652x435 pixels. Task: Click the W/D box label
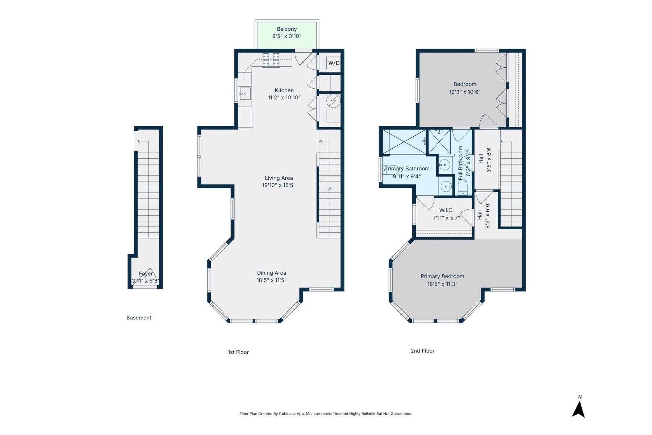click(x=334, y=63)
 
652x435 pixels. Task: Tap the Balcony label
click(x=287, y=29)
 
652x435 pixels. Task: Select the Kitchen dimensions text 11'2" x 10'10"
click(x=284, y=98)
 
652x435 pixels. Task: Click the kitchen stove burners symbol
click(x=271, y=60)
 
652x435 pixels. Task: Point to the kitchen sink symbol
click(x=245, y=94)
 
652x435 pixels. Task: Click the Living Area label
click(x=279, y=178)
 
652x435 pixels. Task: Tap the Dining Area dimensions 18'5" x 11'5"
click(x=271, y=280)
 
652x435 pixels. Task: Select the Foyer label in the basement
click(x=146, y=274)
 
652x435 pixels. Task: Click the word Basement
click(x=139, y=318)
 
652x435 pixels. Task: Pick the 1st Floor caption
click(x=238, y=352)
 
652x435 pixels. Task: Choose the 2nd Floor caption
click(x=422, y=351)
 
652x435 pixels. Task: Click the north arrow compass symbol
click(x=578, y=409)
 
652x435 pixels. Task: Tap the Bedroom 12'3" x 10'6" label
click(x=465, y=88)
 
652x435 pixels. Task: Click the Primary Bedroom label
click(x=442, y=277)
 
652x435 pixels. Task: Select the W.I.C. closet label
click(x=446, y=210)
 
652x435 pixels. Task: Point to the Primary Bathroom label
click(x=406, y=169)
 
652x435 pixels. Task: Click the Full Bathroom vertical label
click(x=461, y=163)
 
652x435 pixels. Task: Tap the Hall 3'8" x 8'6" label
click(x=485, y=159)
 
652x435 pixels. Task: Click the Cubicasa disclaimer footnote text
click(x=326, y=414)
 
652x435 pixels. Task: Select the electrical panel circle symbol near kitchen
click(x=333, y=101)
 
